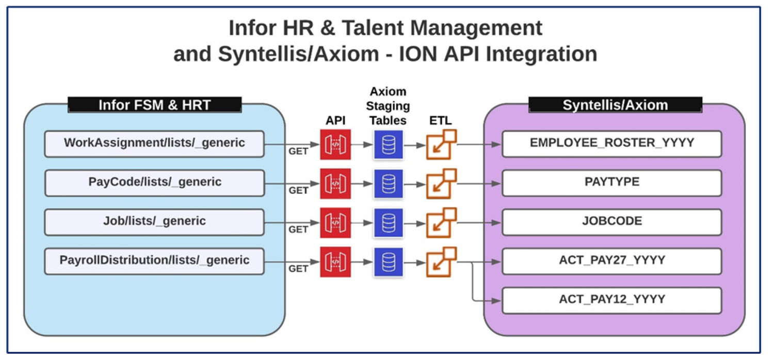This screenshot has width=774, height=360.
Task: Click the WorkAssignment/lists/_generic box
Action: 154,143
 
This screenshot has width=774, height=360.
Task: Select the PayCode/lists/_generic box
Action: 154,183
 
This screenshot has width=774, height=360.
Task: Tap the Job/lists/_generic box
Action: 154,222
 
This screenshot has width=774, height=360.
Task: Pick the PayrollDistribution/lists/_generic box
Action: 154,261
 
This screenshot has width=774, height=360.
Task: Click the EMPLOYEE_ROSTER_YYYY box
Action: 611,143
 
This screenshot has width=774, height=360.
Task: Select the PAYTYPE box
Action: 611,183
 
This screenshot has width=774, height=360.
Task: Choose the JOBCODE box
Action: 611,222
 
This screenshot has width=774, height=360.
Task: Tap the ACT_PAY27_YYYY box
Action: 611,261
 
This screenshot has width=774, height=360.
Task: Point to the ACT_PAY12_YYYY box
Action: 611,300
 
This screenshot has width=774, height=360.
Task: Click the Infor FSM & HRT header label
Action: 154,105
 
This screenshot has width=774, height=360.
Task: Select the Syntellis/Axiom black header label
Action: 615,105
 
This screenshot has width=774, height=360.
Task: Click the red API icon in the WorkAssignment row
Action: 335,145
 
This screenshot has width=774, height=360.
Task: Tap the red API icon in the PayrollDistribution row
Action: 335,262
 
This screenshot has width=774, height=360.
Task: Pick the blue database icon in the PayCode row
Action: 388,184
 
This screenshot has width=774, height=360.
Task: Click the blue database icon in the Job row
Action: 388,223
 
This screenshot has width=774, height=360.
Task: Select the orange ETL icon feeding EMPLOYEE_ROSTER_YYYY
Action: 441,145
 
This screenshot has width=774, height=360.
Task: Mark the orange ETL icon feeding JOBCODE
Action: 441,223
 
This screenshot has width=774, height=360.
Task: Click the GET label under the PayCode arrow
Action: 298,191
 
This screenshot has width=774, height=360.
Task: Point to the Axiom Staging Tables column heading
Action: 388,106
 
